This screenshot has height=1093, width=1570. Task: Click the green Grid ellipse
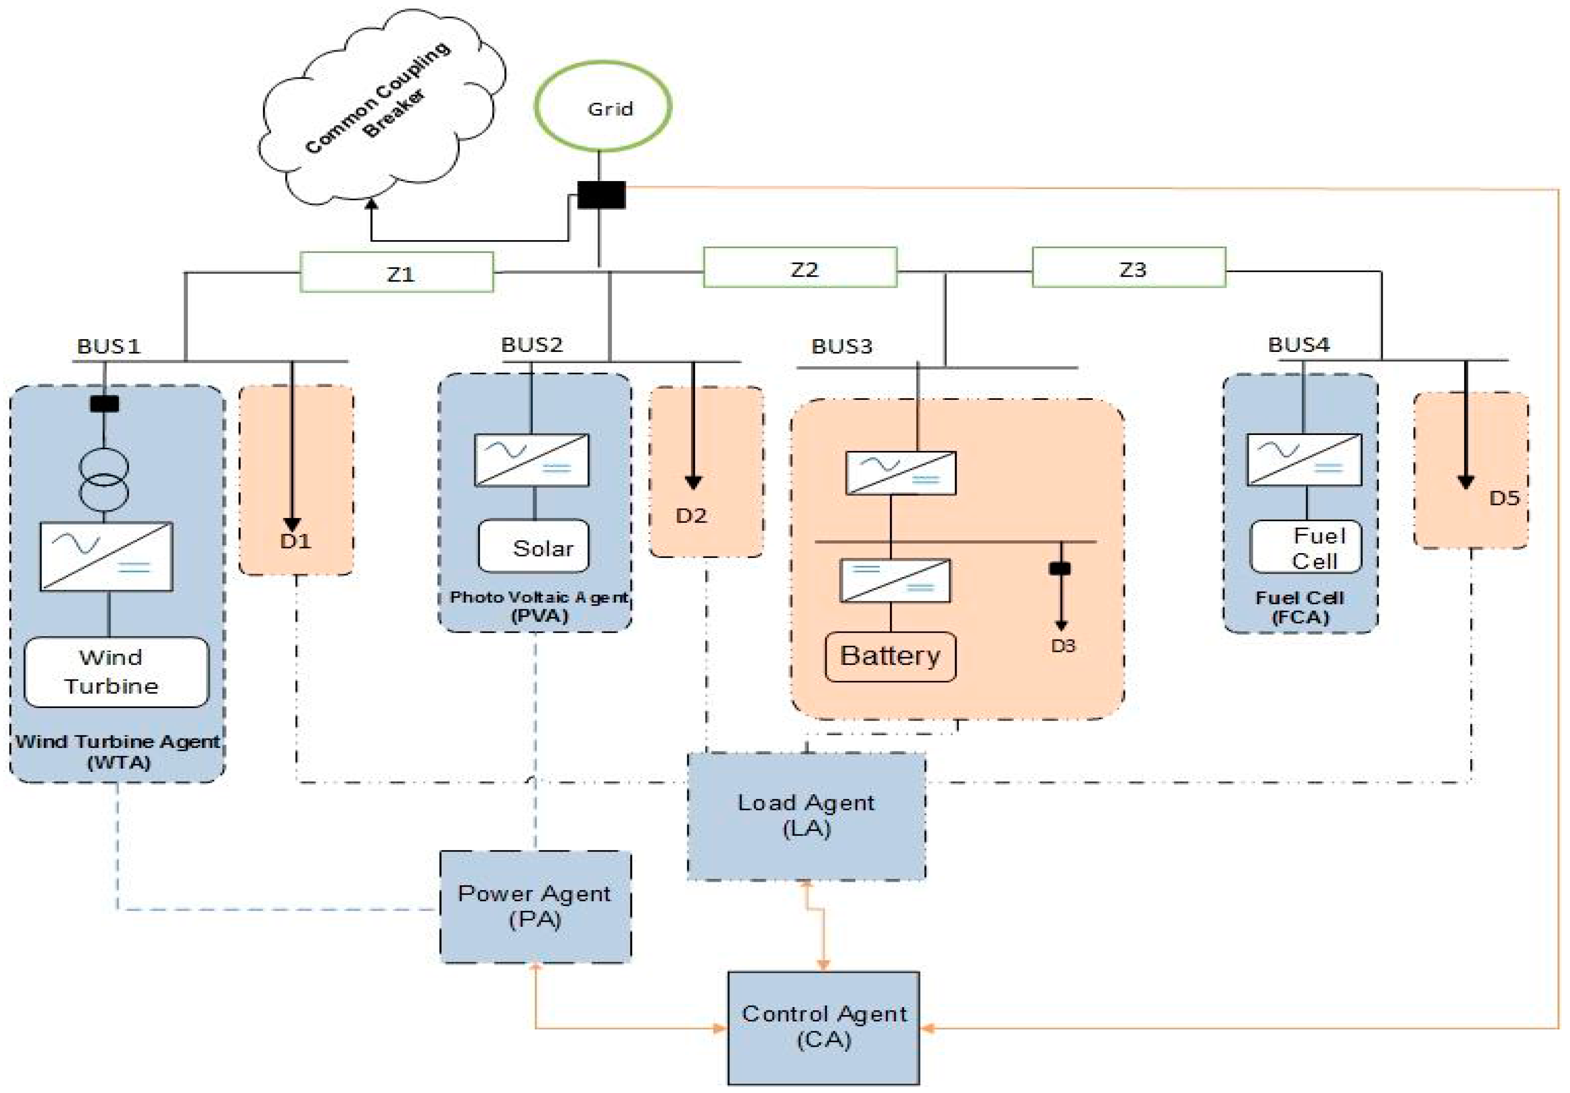pyautogui.click(x=603, y=107)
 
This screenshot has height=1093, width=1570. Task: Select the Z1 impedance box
pyautogui.click(x=397, y=273)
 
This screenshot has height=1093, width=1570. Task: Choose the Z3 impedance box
pyautogui.click(x=1129, y=268)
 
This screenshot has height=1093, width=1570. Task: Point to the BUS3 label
pyautogui.click(x=842, y=346)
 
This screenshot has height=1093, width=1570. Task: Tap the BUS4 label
pyautogui.click(x=1298, y=345)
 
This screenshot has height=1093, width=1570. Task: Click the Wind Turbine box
pyautogui.click(x=116, y=672)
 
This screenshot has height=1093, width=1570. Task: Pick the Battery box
pyautogui.click(x=890, y=657)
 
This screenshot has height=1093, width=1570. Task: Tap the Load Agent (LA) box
pyautogui.click(x=806, y=816)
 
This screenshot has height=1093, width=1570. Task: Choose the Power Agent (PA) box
pyautogui.click(x=535, y=906)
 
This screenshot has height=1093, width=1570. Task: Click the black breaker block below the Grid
pyautogui.click(x=601, y=195)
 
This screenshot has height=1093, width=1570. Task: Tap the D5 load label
pyautogui.click(x=1504, y=498)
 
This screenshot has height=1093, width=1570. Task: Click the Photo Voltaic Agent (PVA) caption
pyautogui.click(x=539, y=606)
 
